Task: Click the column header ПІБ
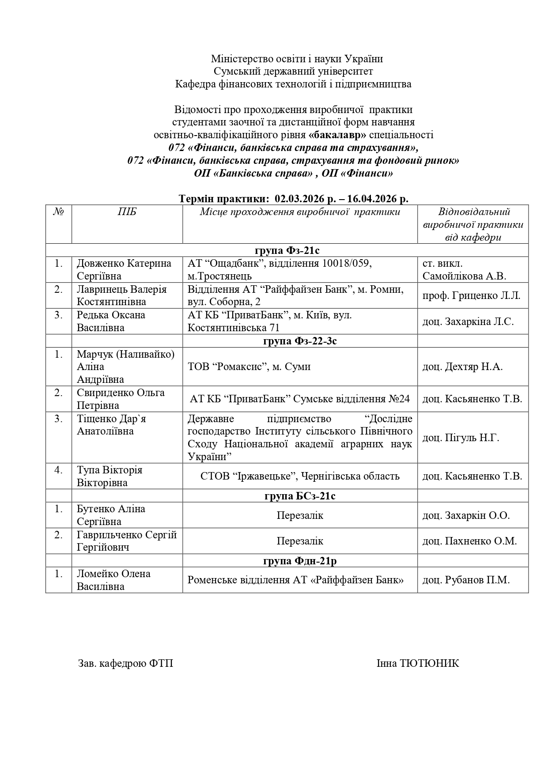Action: tap(127, 212)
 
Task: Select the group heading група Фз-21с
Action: tap(287, 250)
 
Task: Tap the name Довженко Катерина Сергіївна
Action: tap(124, 269)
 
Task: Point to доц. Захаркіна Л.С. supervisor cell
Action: tap(468, 321)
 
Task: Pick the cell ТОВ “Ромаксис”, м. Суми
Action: tap(249, 367)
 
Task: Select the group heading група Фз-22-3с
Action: tap(300, 341)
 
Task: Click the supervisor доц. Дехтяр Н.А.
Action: tap(462, 367)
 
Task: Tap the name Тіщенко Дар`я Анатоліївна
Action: tap(111, 425)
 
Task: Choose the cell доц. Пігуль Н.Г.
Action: tap(461, 438)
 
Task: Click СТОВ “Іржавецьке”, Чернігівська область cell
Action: tap(300, 476)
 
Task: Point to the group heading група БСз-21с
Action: tap(300, 495)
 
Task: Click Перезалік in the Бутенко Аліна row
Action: tap(300, 515)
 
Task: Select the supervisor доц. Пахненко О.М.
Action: tap(469, 541)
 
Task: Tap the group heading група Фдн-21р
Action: tap(300, 561)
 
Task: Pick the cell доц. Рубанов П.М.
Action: tap(466, 580)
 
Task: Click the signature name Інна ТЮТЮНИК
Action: tap(417, 663)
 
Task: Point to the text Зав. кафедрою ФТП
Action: tap(125, 663)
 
